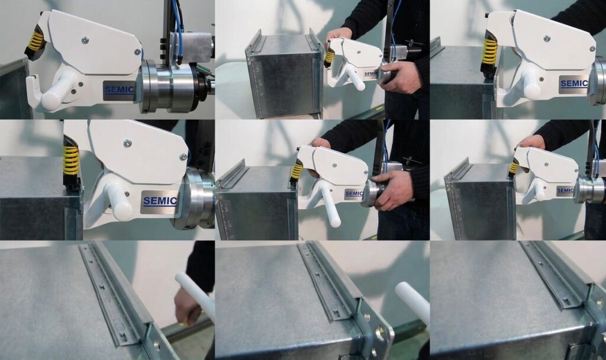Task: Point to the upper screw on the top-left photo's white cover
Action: click(85, 38)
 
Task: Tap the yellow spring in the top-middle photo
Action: click(329, 57)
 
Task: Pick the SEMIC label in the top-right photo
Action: click(574, 83)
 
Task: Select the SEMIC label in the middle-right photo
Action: click(565, 191)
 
